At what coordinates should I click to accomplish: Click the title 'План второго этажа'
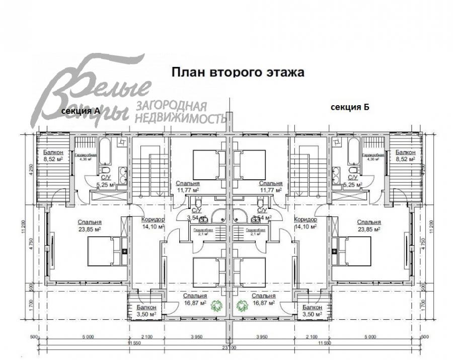pos(238,71)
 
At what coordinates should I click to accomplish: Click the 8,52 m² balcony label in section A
pos(52,156)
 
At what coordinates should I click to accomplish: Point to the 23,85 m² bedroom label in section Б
pos(368,225)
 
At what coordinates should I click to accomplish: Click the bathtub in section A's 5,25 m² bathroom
pos(107,152)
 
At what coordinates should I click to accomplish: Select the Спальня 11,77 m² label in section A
pos(188,187)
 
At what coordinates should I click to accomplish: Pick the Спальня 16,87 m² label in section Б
pos(263,300)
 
